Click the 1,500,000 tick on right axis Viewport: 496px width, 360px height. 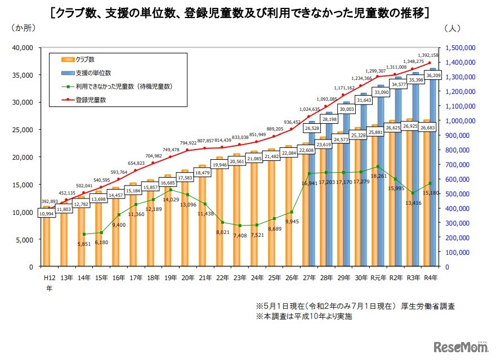[x=461, y=48]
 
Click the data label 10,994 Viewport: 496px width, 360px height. [x=47, y=214]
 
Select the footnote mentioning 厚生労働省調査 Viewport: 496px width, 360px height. [x=355, y=307]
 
